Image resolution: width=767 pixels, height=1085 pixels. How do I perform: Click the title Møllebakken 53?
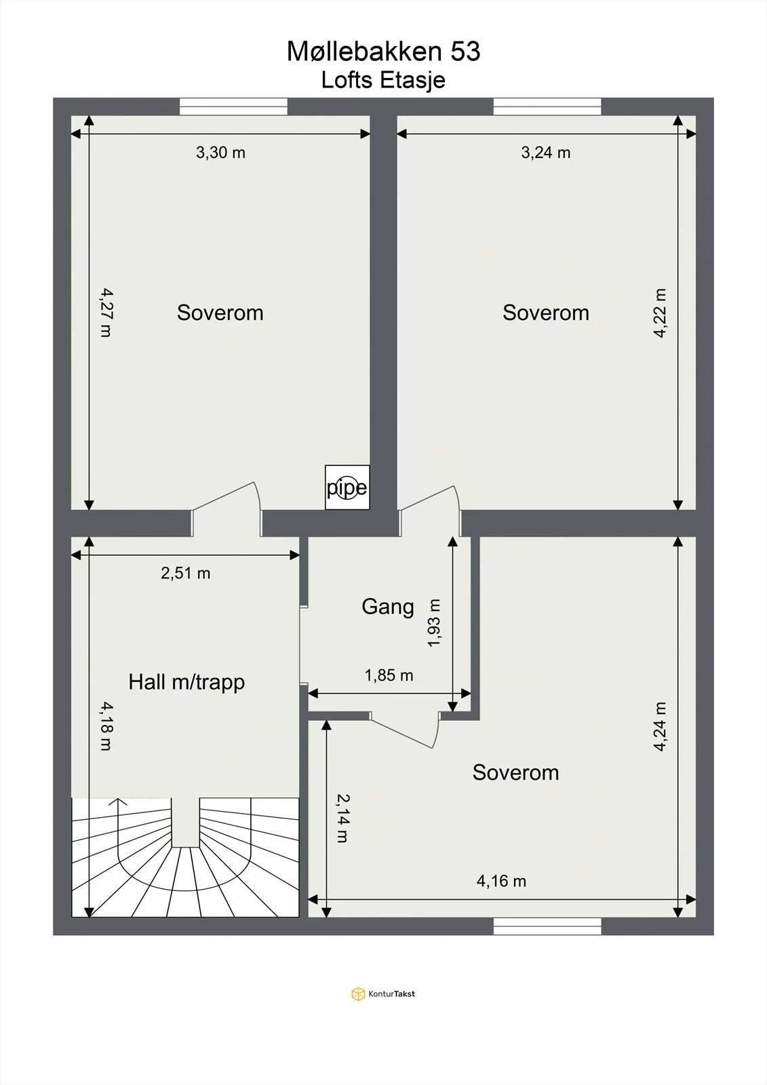coord(383,52)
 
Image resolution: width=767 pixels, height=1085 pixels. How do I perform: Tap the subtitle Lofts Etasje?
coord(383,81)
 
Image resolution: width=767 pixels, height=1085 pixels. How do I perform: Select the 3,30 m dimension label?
coord(220,153)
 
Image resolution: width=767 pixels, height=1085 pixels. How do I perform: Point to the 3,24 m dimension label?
coord(545,153)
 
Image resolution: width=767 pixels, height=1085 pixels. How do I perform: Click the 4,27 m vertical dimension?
coord(106,313)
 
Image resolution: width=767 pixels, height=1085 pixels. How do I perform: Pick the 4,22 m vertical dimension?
coord(660,313)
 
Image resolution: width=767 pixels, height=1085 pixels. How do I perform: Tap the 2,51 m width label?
coord(186,573)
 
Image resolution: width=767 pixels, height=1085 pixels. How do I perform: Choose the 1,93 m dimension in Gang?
coord(434,623)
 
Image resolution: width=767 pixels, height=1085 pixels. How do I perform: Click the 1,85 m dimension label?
coord(389,675)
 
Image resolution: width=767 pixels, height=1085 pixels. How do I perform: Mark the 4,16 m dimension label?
coord(501,881)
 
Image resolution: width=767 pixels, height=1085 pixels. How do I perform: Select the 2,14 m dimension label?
coord(342,818)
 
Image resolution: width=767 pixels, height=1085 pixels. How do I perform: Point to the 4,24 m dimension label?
coord(660,726)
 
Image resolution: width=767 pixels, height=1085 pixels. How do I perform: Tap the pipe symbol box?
coord(347,488)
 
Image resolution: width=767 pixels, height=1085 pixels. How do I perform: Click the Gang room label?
coord(388,607)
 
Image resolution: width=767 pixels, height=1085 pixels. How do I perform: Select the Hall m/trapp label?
coord(186,682)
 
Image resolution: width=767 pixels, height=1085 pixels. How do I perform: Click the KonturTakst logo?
coord(383,993)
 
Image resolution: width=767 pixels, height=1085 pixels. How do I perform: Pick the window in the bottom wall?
coord(547,926)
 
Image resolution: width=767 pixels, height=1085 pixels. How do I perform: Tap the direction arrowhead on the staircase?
coord(118,801)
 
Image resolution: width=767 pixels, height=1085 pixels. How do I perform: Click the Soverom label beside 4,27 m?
coord(220,313)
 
